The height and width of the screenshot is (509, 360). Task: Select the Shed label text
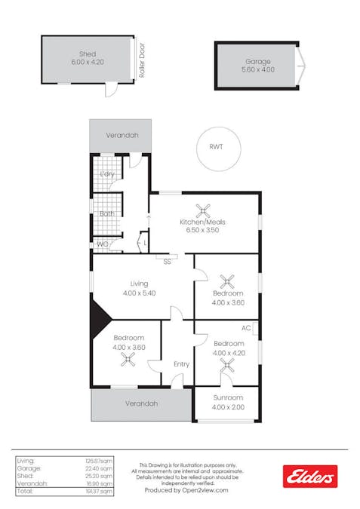[x=88, y=54]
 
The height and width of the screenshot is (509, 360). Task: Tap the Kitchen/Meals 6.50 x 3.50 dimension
[x=202, y=231]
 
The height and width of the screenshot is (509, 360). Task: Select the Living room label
[x=139, y=284]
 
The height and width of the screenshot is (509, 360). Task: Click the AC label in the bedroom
[x=245, y=328]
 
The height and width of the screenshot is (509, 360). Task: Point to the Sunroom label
[x=228, y=397]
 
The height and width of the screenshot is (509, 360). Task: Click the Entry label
[x=181, y=364]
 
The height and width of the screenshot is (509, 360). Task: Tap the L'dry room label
[x=106, y=174]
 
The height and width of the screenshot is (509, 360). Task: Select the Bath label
[x=106, y=213]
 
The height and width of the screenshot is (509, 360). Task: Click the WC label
[x=102, y=244]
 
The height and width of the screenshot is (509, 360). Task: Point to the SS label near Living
[x=167, y=262]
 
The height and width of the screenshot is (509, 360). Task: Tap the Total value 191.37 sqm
[x=102, y=491]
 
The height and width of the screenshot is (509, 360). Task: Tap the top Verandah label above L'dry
[x=120, y=136]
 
